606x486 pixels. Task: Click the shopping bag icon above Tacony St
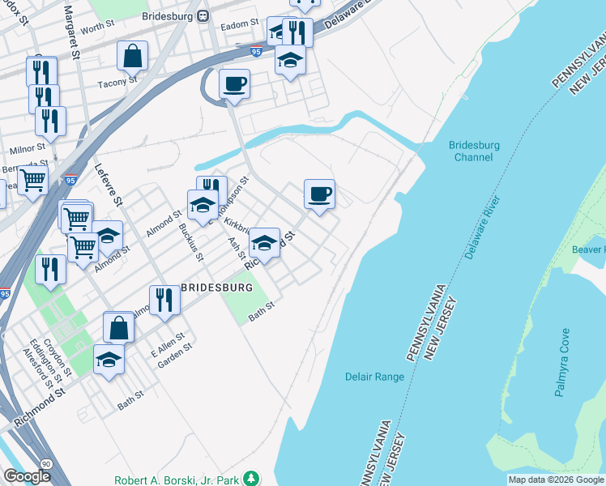pos(132,57)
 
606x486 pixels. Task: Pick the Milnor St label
pos(26,149)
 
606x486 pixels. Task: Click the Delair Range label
pos(374,377)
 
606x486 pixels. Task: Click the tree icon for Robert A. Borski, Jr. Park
pos(253,479)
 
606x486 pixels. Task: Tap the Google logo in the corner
pos(27,476)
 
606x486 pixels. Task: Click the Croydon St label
pos(59,356)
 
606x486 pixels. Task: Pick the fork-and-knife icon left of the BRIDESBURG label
pos(164,300)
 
